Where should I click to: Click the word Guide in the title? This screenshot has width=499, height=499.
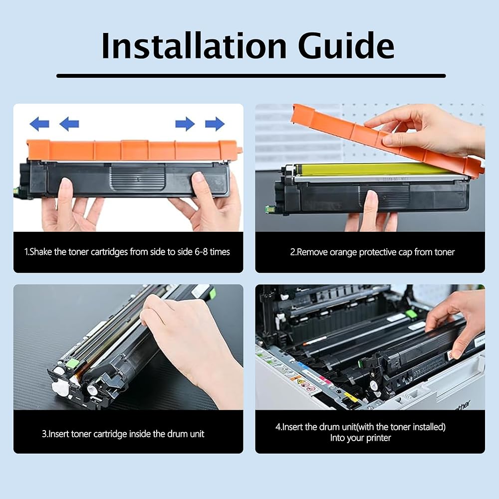(346, 45)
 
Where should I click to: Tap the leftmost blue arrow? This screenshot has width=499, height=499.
(39, 124)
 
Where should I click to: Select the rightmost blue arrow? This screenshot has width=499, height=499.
(215, 124)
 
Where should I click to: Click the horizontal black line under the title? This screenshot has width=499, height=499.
(251, 76)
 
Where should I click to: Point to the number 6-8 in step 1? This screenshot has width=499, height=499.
(201, 252)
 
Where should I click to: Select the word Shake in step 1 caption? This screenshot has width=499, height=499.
(40, 252)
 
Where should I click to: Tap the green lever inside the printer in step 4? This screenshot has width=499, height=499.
(411, 313)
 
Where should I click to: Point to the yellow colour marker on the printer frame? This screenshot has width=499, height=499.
(349, 398)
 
